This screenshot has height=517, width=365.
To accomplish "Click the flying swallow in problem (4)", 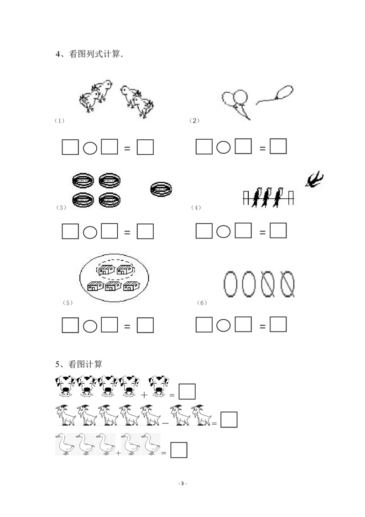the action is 314,179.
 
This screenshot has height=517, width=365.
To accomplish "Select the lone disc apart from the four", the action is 161,189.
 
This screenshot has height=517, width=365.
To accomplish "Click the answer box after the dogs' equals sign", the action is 187,391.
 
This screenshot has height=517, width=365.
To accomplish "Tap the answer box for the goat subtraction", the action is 229,419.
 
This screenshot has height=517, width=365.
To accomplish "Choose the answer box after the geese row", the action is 179,450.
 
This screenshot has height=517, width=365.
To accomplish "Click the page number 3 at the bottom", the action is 182,483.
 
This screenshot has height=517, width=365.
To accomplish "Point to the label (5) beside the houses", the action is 68,302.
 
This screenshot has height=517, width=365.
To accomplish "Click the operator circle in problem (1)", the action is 90,148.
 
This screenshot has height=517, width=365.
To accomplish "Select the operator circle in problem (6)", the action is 224,326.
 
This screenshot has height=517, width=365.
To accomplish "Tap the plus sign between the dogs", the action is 144,394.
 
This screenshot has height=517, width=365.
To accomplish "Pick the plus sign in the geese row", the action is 118,453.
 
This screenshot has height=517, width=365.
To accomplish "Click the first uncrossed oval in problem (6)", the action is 230,284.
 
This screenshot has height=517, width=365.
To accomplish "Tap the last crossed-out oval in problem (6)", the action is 287,284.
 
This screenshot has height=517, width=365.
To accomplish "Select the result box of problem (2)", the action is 278,146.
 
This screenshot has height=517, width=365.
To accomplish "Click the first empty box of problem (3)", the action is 70,231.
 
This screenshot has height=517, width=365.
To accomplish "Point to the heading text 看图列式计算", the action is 94,54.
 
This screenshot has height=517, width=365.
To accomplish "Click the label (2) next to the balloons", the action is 194,121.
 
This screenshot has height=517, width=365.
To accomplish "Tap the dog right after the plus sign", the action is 159,385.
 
